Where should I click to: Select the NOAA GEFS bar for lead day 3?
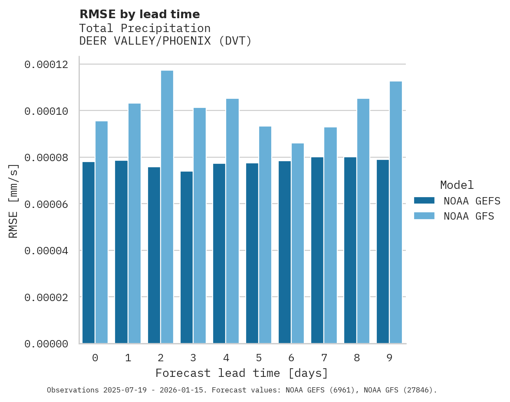click(x=187, y=257)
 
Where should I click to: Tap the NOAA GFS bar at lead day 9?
click(x=396, y=212)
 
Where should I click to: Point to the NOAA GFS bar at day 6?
click(x=298, y=243)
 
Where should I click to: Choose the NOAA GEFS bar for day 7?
click(x=317, y=250)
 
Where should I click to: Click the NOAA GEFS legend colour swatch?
click(x=424, y=200)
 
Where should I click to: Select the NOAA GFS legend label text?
click(x=469, y=216)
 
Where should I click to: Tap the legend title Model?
click(x=457, y=185)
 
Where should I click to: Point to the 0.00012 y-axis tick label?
click(x=46, y=65)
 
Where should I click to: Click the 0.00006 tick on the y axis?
click(x=46, y=204)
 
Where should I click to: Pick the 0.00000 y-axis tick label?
click(x=46, y=344)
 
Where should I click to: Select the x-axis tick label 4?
click(x=226, y=358)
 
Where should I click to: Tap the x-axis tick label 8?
click(x=357, y=358)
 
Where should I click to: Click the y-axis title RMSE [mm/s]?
click(x=13, y=201)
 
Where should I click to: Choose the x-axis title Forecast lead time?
click(x=242, y=373)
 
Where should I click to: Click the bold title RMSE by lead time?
click(x=140, y=14)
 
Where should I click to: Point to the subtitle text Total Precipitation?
click(x=145, y=28)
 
